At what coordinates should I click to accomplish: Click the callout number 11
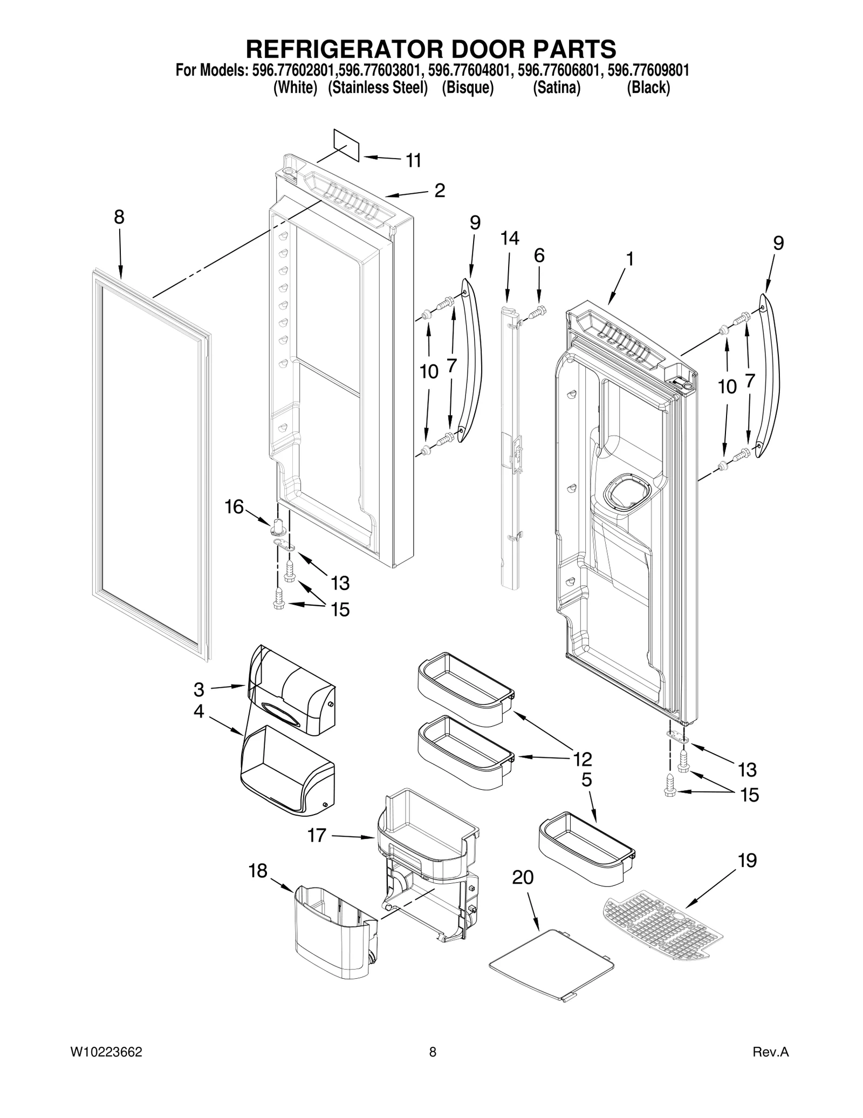413,160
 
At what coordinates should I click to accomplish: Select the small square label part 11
346,145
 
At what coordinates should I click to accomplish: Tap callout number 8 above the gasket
119,217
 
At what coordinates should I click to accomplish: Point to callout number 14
509,238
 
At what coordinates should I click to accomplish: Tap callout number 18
258,870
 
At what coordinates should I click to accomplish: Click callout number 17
317,835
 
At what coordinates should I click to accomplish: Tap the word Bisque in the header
468,88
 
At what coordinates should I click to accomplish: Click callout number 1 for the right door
629,259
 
